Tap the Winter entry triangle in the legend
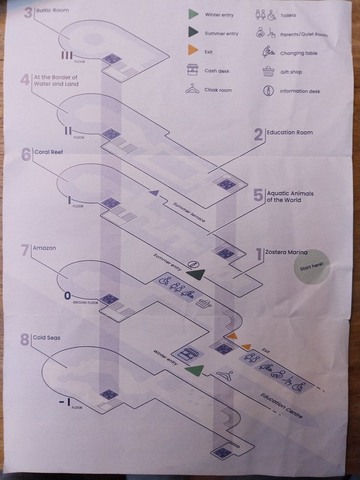coord(192,14)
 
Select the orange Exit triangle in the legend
coord(192,51)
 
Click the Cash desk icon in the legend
coord(192,70)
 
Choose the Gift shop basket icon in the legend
coord(268,72)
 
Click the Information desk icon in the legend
coord(268,91)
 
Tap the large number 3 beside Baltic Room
coord(28,12)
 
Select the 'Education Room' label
coord(289,132)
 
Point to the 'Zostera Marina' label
coord(286,252)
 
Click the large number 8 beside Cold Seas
coord(25,340)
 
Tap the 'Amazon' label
coord(44,248)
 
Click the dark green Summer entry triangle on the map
coord(195,275)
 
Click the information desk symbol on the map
coord(192,264)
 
